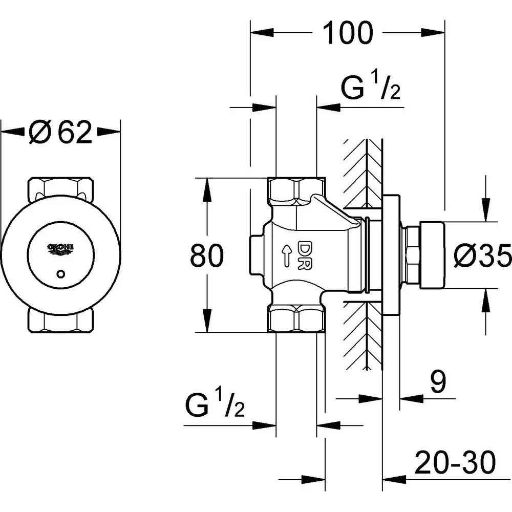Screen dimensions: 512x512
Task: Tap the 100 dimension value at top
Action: pos(348,33)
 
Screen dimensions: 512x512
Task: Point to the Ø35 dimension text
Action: pos(483,254)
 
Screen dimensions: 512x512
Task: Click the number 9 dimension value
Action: pos(438,382)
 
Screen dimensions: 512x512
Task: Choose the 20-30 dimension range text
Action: pos(455,463)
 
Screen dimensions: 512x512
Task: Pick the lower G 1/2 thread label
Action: pos(215,406)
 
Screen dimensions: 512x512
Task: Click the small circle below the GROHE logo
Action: pos(61,274)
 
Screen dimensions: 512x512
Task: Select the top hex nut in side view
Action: pos(296,190)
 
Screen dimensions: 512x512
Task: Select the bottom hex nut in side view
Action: pos(296,318)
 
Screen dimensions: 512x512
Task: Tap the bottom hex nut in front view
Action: pos(61,320)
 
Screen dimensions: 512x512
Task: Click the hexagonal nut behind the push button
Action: pos(410,255)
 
